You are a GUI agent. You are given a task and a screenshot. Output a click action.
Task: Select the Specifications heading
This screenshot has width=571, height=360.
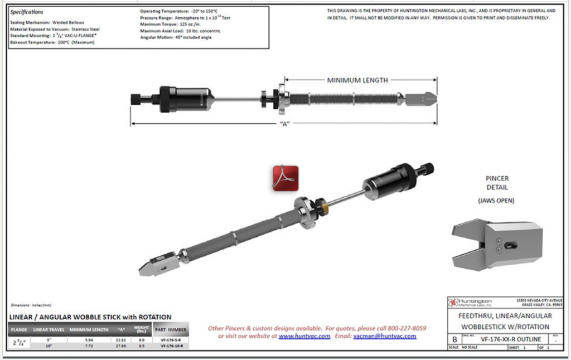coord(27,12)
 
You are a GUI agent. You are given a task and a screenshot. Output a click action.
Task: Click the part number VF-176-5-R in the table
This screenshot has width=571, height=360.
coord(171,339)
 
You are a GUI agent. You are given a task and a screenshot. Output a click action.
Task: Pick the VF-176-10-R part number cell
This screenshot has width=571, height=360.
coord(171,346)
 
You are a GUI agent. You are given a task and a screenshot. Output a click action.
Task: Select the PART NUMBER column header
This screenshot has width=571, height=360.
coord(171,329)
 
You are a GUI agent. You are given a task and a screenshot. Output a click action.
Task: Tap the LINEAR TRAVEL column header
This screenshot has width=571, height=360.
coord(49,330)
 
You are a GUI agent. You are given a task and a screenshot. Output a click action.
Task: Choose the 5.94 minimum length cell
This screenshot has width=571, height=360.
coord(89,339)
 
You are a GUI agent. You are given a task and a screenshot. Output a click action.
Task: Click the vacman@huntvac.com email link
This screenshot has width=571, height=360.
coord(385,337)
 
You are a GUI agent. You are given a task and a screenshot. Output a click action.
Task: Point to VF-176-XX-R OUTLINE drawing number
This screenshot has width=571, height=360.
coord(506,338)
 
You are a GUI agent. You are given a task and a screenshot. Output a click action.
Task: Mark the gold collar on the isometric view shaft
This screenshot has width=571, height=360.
coord(325,207)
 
